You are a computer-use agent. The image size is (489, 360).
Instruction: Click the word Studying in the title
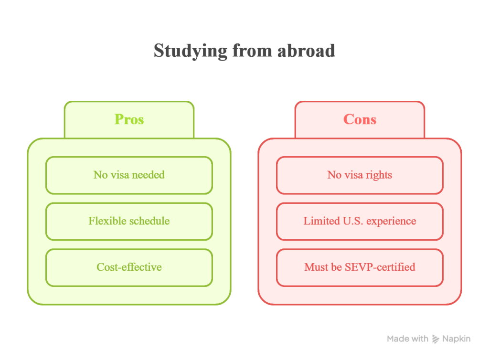click(191, 51)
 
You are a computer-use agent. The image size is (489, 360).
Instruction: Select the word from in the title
click(252, 51)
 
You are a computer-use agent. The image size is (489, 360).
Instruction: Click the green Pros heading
click(129, 119)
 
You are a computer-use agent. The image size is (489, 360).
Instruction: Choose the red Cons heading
click(360, 119)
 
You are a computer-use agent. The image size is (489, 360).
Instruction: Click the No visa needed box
click(129, 175)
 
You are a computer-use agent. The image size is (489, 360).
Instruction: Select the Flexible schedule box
click(129, 221)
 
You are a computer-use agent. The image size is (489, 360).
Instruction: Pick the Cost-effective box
click(129, 267)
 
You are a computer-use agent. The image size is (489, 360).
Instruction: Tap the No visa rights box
click(360, 175)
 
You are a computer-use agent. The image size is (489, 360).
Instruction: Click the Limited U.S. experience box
click(360, 221)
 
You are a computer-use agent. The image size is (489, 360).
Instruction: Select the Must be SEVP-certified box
click(360, 267)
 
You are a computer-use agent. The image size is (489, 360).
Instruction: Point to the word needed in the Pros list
click(149, 175)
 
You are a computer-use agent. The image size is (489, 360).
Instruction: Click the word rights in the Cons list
click(379, 175)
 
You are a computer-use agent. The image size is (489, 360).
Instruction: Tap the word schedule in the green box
click(149, 221)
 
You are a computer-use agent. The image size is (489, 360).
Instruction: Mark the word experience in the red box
click(391, 222)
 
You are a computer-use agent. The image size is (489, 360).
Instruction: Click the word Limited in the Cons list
click(322, 221)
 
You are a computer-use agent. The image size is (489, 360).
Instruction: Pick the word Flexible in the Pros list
click(107, 221)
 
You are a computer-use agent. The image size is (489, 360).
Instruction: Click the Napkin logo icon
click(436, 339)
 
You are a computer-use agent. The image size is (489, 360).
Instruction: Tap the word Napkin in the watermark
click(456, 339)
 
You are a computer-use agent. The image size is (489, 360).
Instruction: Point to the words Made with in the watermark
click(408, 339)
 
